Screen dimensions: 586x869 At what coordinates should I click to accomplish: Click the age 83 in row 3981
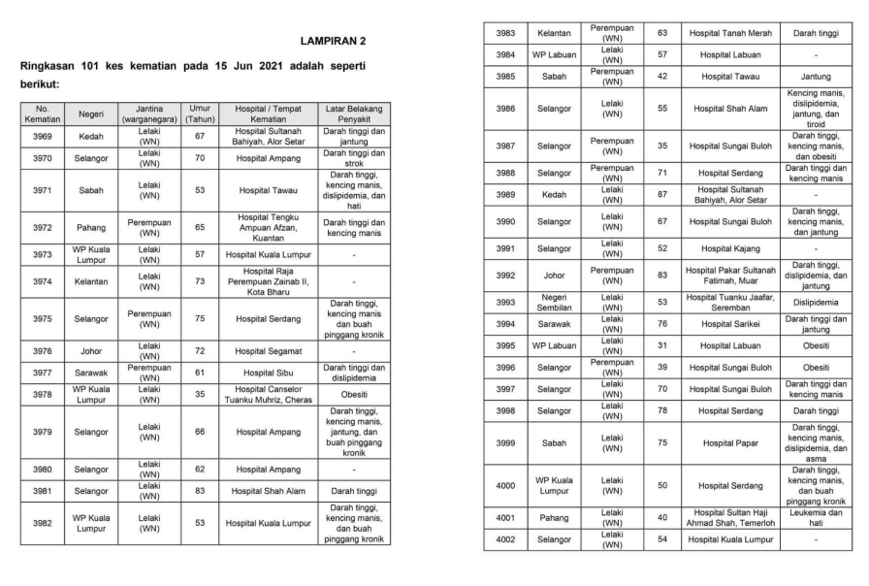(x=200, y=491)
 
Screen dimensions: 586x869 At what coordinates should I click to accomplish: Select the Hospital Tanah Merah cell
(x=728, y=33)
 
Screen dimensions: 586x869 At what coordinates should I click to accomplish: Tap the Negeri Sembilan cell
(x=555, y=302)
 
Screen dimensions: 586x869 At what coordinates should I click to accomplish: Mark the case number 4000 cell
(x=506, y=486)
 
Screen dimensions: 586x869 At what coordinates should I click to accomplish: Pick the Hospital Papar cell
(x=728, y=442)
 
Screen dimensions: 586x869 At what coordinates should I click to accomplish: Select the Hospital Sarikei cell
(x=728, y=324)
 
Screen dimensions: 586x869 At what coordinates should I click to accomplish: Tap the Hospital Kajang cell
(x=728, y=248)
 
